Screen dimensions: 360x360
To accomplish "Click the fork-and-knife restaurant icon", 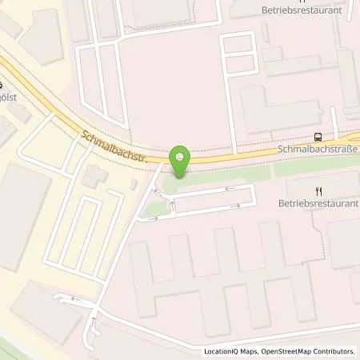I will tap(318, 190).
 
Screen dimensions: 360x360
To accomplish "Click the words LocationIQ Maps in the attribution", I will tap(231, 351).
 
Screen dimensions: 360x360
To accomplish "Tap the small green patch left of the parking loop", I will tap(157, 209).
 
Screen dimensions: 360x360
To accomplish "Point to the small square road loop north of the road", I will tap(237, 54).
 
